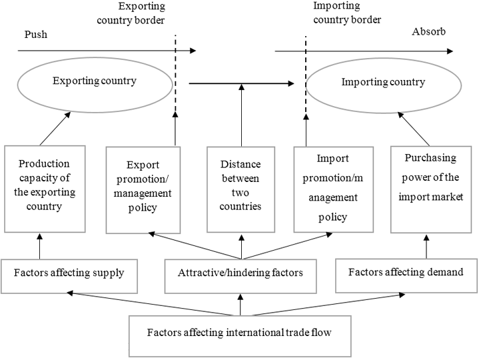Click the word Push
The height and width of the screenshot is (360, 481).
[x=37, y=34]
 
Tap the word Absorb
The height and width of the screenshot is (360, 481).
[x=428, y=32]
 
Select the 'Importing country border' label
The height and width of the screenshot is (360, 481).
[x=346, y=13]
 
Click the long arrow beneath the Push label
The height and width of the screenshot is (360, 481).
[x=100, y=51]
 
